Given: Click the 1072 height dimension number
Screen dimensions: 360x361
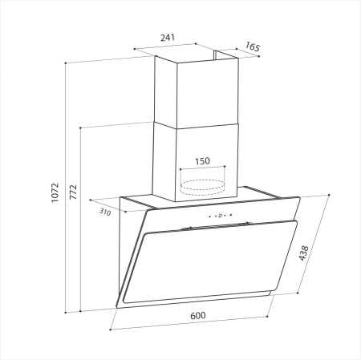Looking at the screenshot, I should [55, 192].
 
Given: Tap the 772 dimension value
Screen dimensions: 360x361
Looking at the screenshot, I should [72, 192].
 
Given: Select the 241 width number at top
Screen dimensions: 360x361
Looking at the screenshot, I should [168, 38].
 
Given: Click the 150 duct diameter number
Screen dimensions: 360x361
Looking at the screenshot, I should [202, 161].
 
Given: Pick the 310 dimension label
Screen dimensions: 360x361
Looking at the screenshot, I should [104, 213].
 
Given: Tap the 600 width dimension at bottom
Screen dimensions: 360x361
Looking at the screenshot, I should [198, 315].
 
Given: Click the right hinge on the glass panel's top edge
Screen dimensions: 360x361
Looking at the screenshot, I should [249, 222].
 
